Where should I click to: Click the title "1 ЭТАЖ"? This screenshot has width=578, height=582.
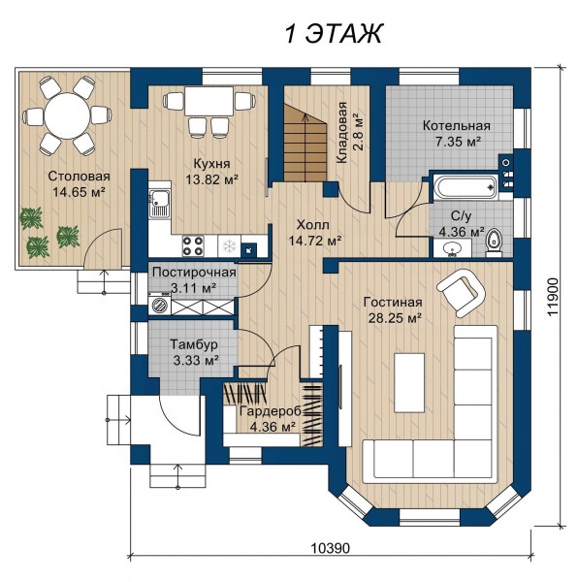click(x=334, y=34)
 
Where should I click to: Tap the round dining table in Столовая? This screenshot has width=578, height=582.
click(x=67, y=115)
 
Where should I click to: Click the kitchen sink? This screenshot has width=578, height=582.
click(x=159, y=204)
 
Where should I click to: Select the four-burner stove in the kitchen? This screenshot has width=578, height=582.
click(x=193, y=245)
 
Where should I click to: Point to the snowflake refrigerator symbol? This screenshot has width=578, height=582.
click(x=229, y=245)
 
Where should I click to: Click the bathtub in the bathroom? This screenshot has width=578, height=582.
click(x=465, y=185)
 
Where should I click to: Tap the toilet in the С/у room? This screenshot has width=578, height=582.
click(x=494, y=242)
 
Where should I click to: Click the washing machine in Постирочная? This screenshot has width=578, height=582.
click(x=160, y=307)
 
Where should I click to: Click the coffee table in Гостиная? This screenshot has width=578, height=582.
click(x=409, y=382)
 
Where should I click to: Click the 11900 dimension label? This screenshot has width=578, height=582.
click(x=553, y=298)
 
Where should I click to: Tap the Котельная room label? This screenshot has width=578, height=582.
click(x=457, y=125)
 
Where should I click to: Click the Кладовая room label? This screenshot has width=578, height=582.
click(x=341, y=133)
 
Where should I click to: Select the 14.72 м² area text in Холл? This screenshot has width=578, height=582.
click(x=315, y=241)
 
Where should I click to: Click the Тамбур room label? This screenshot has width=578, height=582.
click(x=194, y=344)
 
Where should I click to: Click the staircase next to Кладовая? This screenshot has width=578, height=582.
click(x=305, y=143)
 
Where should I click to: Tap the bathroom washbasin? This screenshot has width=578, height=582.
click(x=452, y=247)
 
